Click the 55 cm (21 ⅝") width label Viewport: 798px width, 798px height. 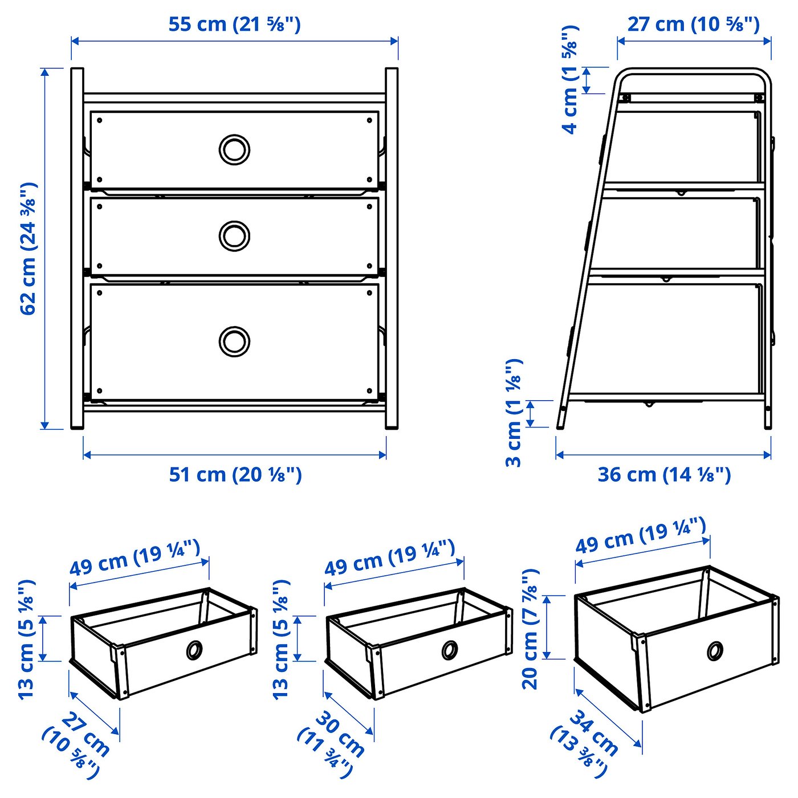click(234, 25)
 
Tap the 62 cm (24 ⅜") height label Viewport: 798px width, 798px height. click(28, 249)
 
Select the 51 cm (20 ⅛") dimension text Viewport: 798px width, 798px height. click(235, 474)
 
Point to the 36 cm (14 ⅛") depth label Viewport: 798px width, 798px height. click(664, 474)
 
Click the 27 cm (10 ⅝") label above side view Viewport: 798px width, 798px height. click(694, 25)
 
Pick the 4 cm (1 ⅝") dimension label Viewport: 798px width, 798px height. click(570, 80)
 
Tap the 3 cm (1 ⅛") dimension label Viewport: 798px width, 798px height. click(514, 413)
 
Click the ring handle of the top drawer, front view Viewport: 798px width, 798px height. click(234, 150)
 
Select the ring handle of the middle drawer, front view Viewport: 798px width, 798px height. click(234, 235)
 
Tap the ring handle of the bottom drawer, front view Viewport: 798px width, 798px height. click(234, 341)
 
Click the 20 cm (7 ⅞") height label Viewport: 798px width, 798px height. click(530, 629)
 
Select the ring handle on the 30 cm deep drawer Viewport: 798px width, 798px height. click(449, 650)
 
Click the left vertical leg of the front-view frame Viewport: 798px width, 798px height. click(77, 249)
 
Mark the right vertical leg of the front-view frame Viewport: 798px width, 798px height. click(392, 249)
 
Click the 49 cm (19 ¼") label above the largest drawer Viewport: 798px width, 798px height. click(641, 535)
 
